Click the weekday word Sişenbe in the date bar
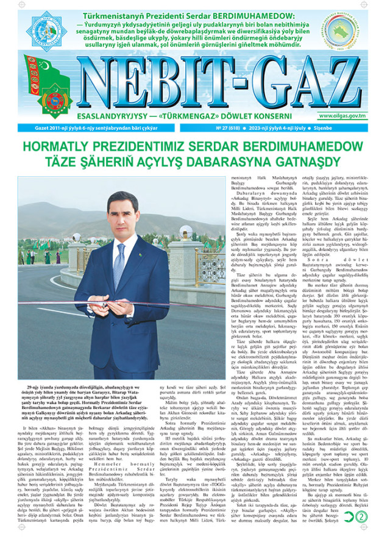[358, 130]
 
